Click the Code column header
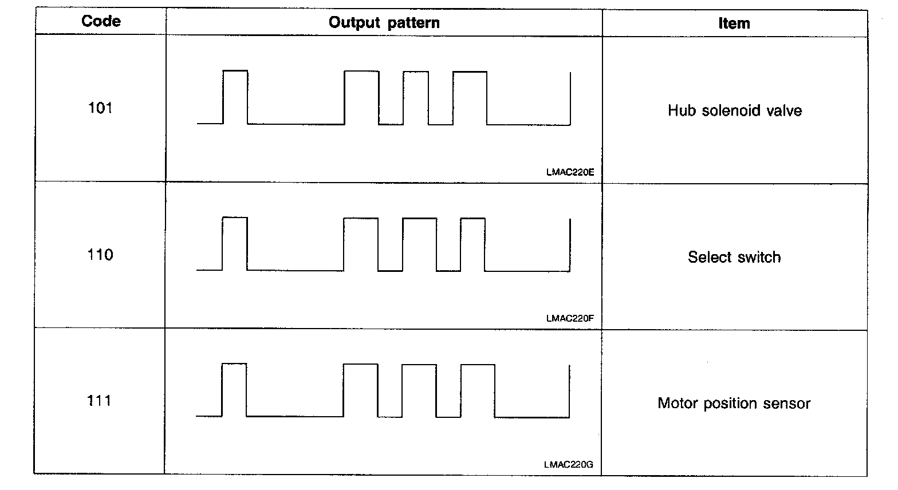pos(101,22)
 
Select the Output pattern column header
pos(384,23)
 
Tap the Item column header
pos(734,23)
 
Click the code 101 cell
pos(100,108)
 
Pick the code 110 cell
pos(100,255)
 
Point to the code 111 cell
pos(99,401)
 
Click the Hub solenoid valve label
pos(735,110)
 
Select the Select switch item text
pos(734,257)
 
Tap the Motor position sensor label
pos(734,404)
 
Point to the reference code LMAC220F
pos(570,318)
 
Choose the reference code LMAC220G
pos(569,465)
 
